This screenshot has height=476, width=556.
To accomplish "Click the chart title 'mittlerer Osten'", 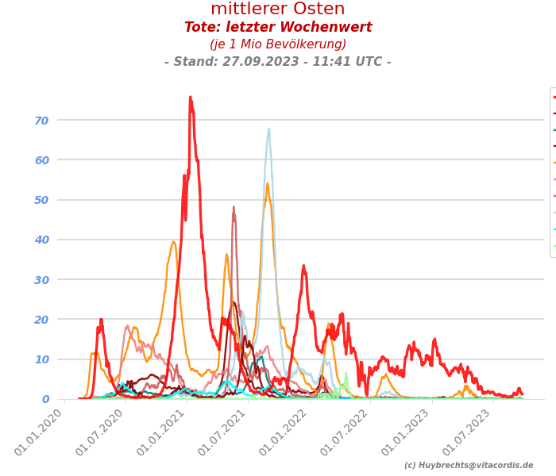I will pos(277,10).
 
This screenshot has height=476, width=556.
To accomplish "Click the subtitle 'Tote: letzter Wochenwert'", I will pos(277,28).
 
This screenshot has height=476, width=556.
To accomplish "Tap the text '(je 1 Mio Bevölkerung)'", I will pos(277,44).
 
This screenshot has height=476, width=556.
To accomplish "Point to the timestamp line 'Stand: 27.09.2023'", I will pos(277,62).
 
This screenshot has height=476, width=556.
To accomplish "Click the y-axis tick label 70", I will pos(41,121).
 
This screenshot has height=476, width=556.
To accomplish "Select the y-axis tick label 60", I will pos(41,160).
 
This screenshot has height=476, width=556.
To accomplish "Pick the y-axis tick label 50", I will pos(41,200).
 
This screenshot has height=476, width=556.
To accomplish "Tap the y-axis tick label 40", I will pos(41,240).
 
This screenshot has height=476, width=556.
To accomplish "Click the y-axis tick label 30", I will pos(41,279).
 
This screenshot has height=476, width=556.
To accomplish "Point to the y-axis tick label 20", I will pos(41,319).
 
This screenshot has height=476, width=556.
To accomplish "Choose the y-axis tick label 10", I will pos(41,359).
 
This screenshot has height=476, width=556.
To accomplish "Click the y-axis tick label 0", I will pos(45,399).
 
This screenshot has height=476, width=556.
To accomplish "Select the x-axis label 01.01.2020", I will pos(39,433).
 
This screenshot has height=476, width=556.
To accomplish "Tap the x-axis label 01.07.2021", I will pos(223,433).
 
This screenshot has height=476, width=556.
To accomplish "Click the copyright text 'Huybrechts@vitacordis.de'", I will pos(469,466).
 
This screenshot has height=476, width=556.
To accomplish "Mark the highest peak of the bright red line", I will pos(190,98).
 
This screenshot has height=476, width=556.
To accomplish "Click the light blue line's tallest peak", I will pos(268,129).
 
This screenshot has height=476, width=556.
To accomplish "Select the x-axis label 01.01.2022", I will pos(284,433).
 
